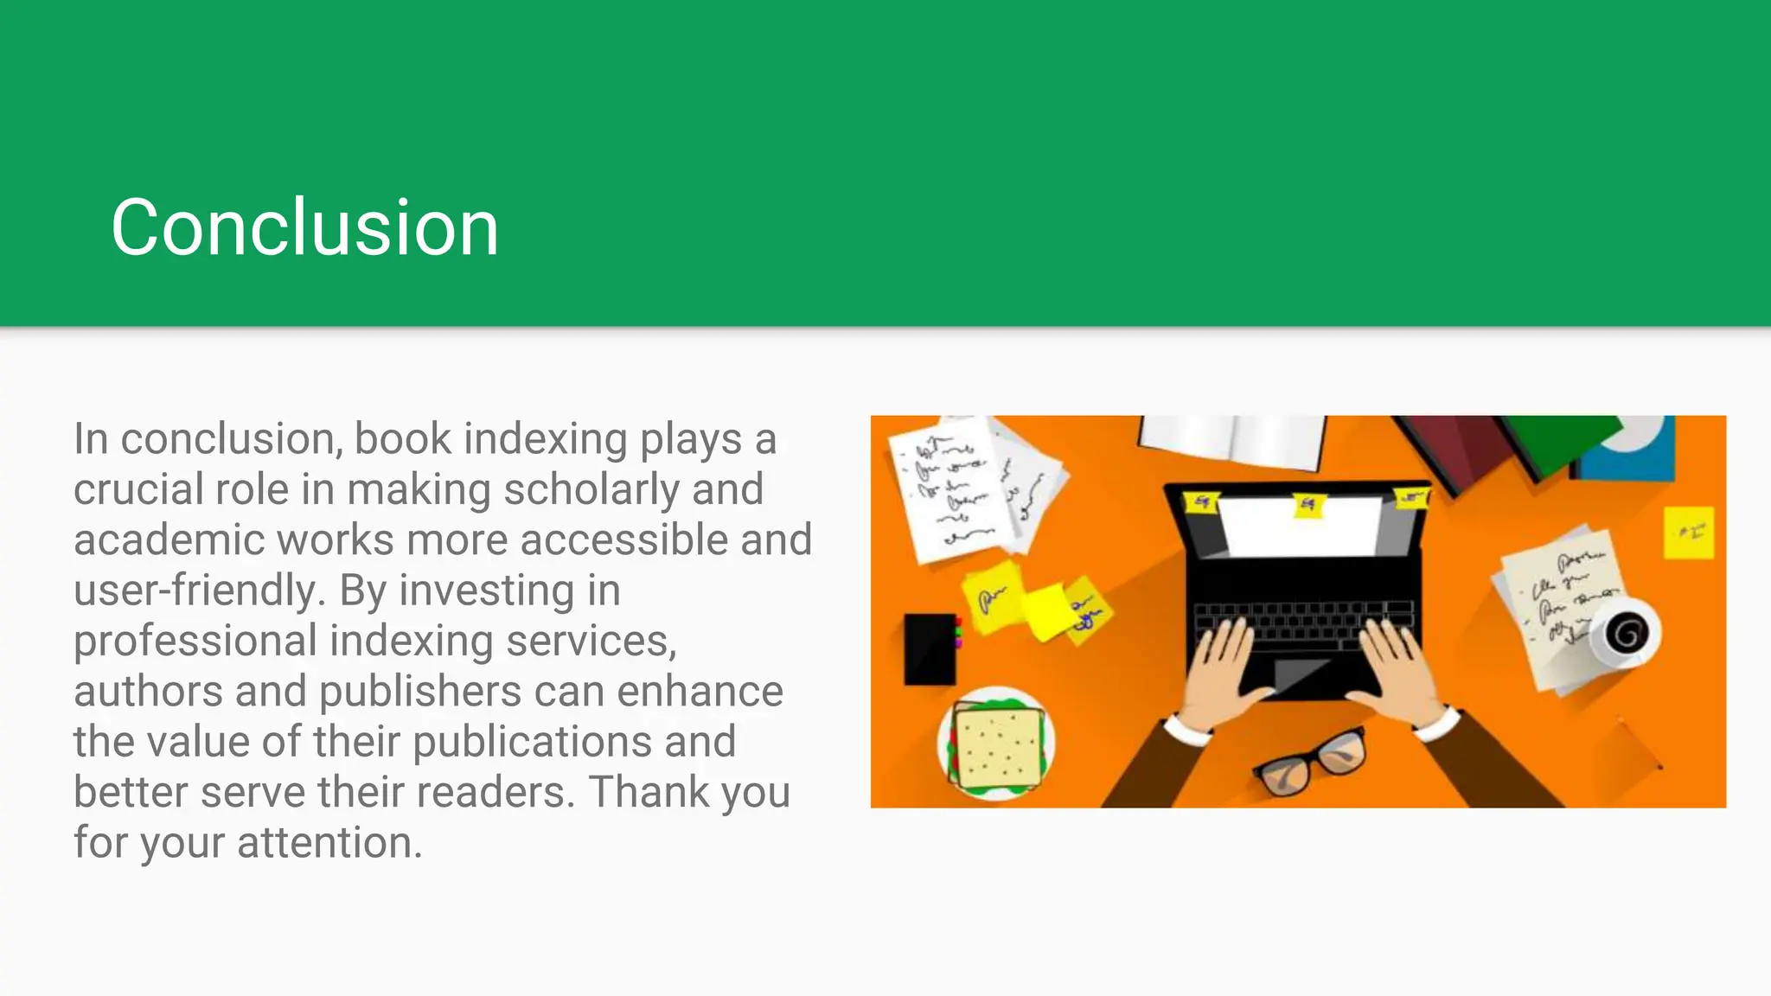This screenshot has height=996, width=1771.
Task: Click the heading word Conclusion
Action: pyautogui.click(x=304, y=227)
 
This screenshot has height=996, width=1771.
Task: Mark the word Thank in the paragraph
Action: pyautogui.click(x=647, y=792)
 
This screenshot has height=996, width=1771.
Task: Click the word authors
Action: pyautogui.click(x=148, y=692)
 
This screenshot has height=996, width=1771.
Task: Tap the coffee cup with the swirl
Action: pyautogui.click(x=1627, y=634)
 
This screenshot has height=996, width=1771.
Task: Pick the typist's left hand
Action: pyautogui.click(x=1220, y=666)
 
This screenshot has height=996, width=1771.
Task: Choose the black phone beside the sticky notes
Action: pyautogui.click(x=930, y=648)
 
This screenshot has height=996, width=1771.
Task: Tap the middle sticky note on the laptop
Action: pyautogui.click(x=1308, y=505)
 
